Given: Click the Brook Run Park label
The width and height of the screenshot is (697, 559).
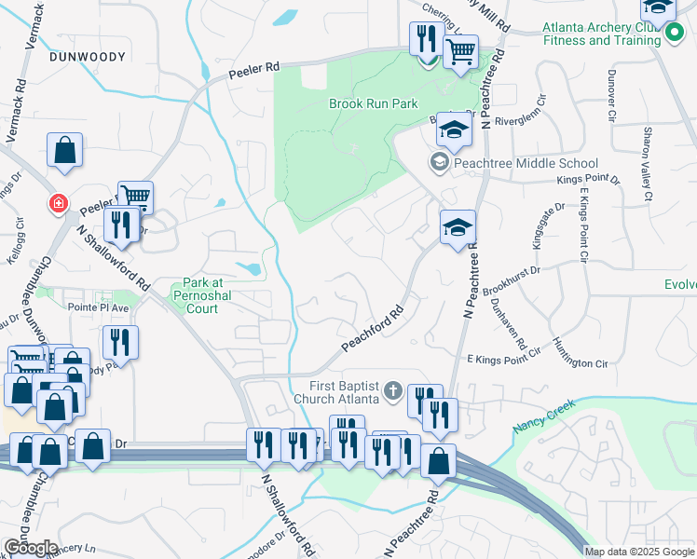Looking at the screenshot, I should pyautogui.click(x=373, y=104).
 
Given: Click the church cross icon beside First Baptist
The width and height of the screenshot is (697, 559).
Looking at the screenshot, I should pyautogui.click(x=393, y=389).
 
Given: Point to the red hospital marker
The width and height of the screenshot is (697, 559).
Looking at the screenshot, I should pyautogui.click(x=59, y=202).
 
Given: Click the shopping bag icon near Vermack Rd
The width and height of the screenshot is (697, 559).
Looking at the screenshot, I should pyautogui.click(x=65, y=150).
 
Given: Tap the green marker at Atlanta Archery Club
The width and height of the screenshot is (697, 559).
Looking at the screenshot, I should pyautogui.click(x=675, y=34).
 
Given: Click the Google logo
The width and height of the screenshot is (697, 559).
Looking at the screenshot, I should pyautogui.click(x=30, y=548).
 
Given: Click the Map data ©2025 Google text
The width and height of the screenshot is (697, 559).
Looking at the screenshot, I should pyautogui.click(x=638, y=552).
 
